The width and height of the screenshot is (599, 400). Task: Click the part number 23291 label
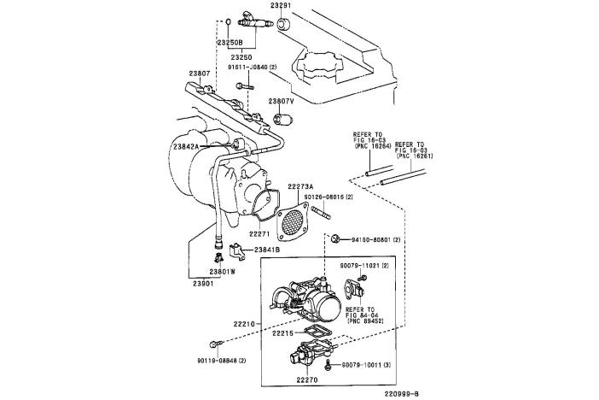281,6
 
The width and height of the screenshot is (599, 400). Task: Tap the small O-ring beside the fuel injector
228,21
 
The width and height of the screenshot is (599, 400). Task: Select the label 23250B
230,42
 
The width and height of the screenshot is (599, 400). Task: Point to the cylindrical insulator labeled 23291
284,24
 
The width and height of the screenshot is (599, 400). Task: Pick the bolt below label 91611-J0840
245,85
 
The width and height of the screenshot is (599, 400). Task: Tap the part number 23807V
281,102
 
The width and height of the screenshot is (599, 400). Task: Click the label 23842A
186,146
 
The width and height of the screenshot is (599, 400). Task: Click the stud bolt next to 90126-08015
322,213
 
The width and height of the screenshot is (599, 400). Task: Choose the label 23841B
267,250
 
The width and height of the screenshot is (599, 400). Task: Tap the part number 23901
203,284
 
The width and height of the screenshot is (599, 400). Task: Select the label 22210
244,323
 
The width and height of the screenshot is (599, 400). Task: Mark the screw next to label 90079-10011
328,365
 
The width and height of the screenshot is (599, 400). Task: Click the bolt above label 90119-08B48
214,345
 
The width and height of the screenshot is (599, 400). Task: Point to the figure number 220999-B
401,393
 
